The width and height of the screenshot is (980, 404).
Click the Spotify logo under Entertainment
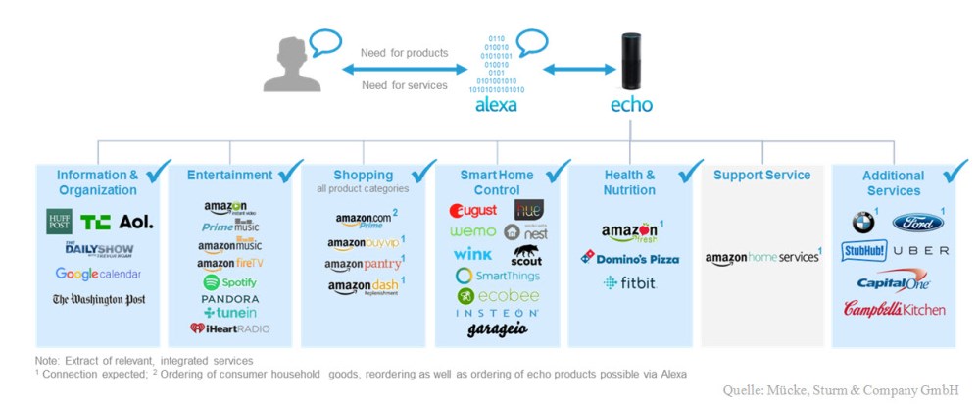tap(229, 282)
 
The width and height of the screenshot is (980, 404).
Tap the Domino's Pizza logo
tap(630, 258)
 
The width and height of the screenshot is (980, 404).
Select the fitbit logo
tap(630, 282)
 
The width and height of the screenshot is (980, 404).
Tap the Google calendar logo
tap(98, 274)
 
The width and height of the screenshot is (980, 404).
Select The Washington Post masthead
tap(99, 299)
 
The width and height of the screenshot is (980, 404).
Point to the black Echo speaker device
tap(631, 63)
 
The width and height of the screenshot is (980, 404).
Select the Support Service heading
tap(761, 176)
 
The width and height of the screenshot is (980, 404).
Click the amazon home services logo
tap(761, 258)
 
